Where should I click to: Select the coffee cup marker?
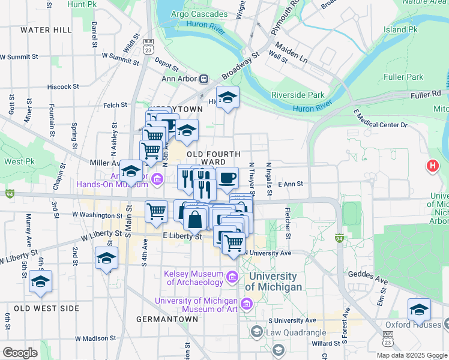coord(227,178)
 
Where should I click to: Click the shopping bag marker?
coord(196,220)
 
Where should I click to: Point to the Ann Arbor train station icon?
coord(204,79)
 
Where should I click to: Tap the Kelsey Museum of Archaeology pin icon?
coord(232,277)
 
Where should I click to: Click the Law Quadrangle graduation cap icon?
coord(256,332)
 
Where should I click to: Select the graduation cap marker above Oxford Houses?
coord(419,309)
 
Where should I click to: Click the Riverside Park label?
coord(298,95)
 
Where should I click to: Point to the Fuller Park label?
coord(403,77)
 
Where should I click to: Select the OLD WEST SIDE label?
coord(46,308)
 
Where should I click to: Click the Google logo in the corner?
coord(20,353)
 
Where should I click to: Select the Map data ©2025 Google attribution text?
coord(411,355)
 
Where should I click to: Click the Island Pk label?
coord(400,29)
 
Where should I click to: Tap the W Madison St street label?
coord(91,338)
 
